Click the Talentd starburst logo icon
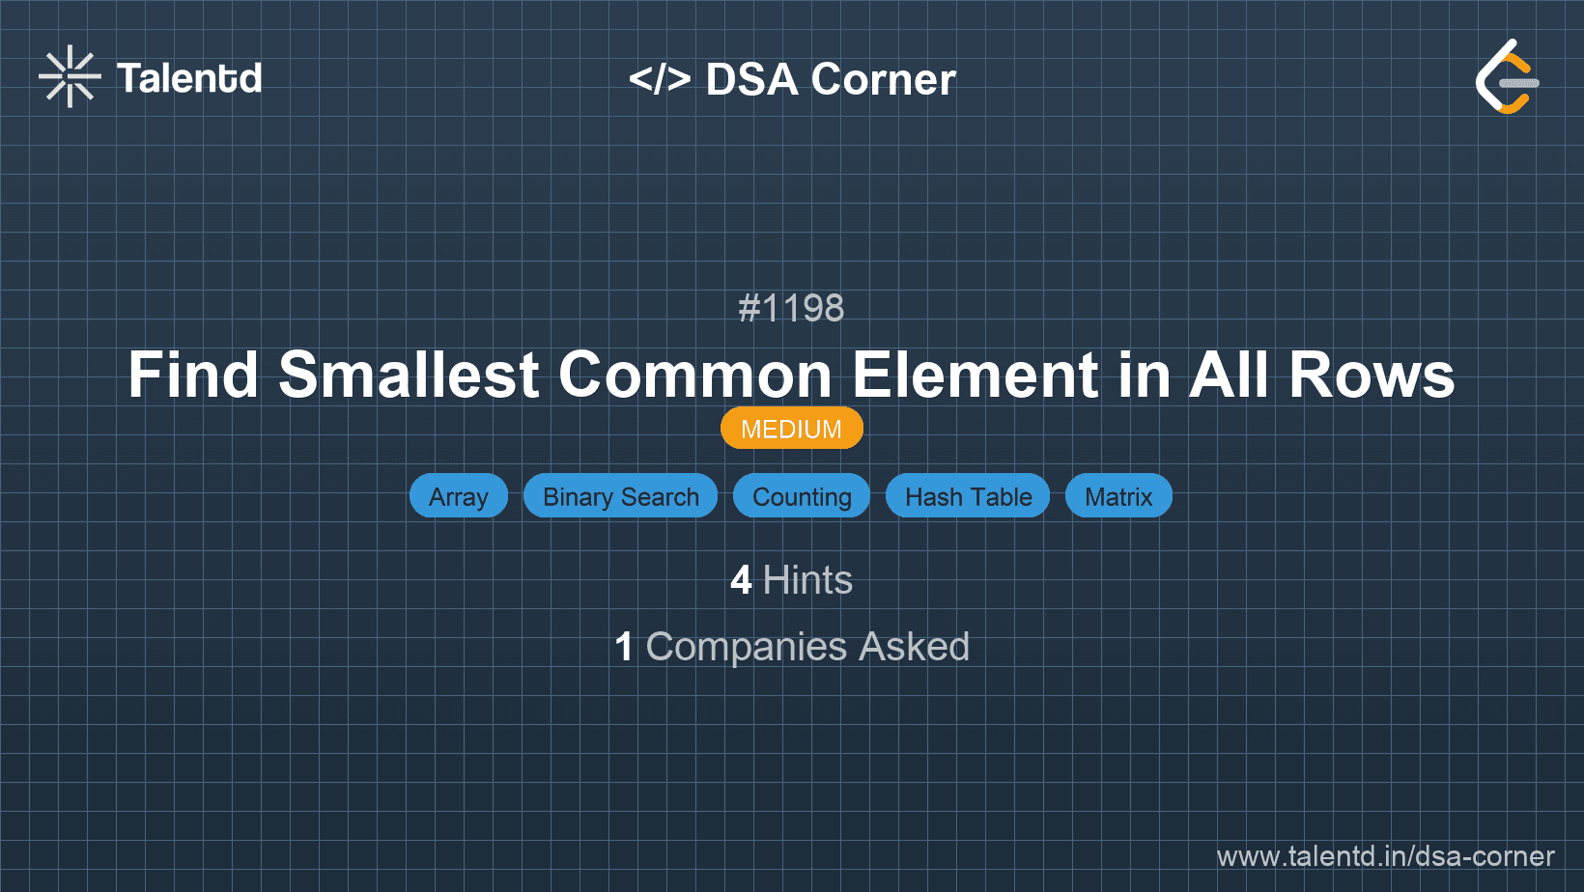point(70,77)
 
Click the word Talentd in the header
point(189,78)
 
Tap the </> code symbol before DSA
point(660,79)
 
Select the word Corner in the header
point(883,79)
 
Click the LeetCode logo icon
point(1507,77)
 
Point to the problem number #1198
point(791,309)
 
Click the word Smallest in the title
point(409,375)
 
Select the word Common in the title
point(695,375)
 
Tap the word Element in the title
point(975,375)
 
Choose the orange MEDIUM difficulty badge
point(791,429)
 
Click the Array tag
point(459,496)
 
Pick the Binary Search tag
point(620,496)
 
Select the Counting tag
point(802,496)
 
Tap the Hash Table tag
point(968,496)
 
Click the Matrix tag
point(1118,496)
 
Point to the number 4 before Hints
point(741,580)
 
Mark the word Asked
point(914,647)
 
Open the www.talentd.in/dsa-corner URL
point(1385,856)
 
